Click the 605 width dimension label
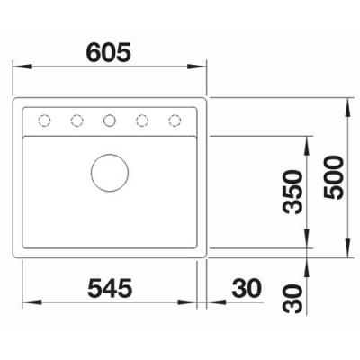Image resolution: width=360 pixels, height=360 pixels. pos(109,51)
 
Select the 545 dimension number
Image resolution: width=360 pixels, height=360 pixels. pos(110,287)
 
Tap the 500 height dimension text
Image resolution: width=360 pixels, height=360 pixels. pos(333,177)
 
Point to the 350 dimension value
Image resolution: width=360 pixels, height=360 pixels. pos(292,192)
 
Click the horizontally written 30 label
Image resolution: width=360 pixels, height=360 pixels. pos(247,287)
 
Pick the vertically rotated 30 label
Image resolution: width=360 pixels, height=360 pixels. pos(292,299)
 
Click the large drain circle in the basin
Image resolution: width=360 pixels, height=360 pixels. pos(110,173)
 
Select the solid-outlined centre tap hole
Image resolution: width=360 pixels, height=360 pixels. pos(110,121)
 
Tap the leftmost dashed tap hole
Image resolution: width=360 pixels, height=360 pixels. pos(44,121)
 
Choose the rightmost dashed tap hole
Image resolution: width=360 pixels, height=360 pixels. pos(175,121)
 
